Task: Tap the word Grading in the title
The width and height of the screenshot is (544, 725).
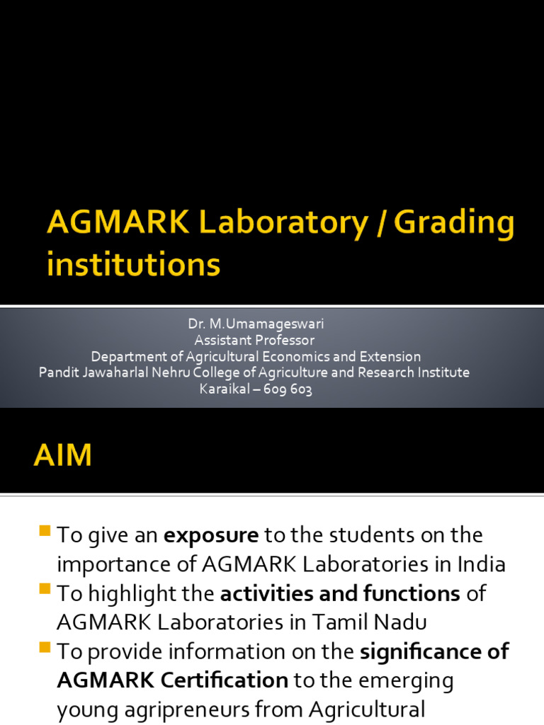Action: pyautogui.click(x=454, y=224)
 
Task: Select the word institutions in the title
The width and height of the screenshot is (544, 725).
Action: pyautogui.click(x=134, y=265)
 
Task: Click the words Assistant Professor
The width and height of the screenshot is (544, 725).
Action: pyautogui.click(x=255, y=341)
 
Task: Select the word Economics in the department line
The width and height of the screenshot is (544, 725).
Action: pyautogui.click(x=290, y=357)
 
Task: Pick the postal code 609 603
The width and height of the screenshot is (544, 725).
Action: pyautogui.click(x=288, y=389)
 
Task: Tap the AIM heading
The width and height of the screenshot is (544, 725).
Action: pyautogui.click(x=62, y=455)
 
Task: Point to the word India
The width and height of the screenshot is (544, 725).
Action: pyautogui.click(x=480, y=564)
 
